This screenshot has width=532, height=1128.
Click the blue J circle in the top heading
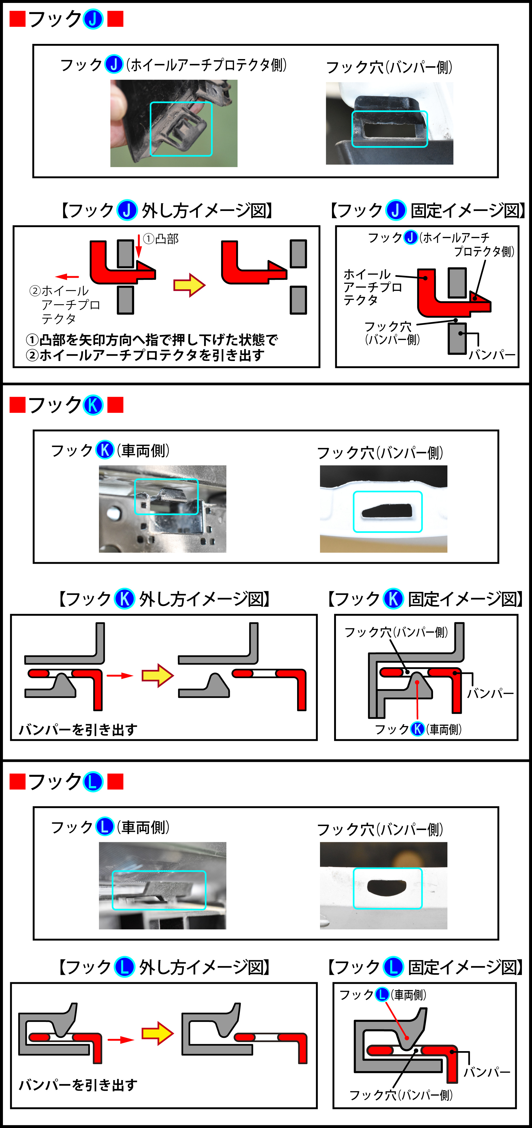point(93,19)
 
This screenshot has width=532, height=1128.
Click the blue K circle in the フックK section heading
point(93,405)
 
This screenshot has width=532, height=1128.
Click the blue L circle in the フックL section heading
point(93,782)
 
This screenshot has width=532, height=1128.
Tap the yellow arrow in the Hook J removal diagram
point(189,285)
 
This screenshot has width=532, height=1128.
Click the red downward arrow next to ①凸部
point(139,246)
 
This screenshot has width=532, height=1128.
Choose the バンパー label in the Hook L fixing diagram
point(487,1072)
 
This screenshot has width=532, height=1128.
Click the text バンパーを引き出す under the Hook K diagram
point(78,729)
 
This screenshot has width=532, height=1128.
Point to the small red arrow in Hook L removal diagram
point(120,1040)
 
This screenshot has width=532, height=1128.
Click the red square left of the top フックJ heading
point(18,19)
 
